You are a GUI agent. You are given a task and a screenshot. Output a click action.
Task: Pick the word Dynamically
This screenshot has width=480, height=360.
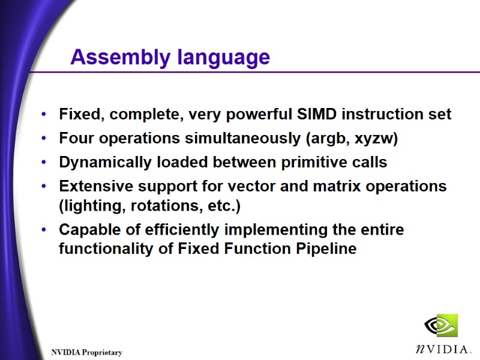pos(103,163)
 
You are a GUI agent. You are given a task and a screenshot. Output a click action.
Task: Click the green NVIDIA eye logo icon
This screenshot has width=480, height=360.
pos(441,326)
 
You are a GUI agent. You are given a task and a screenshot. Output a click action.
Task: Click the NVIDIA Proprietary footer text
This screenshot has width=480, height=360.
pos(86,353)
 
